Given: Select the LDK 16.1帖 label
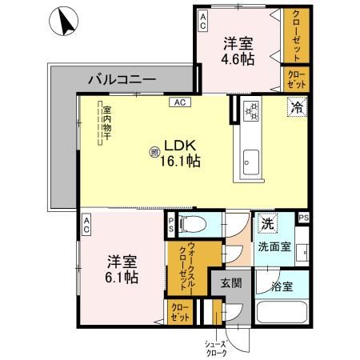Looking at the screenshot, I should tap(182, 153).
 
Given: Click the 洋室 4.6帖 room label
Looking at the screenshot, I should tap(238, 50).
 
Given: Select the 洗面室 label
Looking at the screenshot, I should tap(274, 246).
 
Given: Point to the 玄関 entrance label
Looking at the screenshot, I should tap(231, 282).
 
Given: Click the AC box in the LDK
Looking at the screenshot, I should tap(180, 102).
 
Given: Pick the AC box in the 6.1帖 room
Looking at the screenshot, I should tap(86, 227).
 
